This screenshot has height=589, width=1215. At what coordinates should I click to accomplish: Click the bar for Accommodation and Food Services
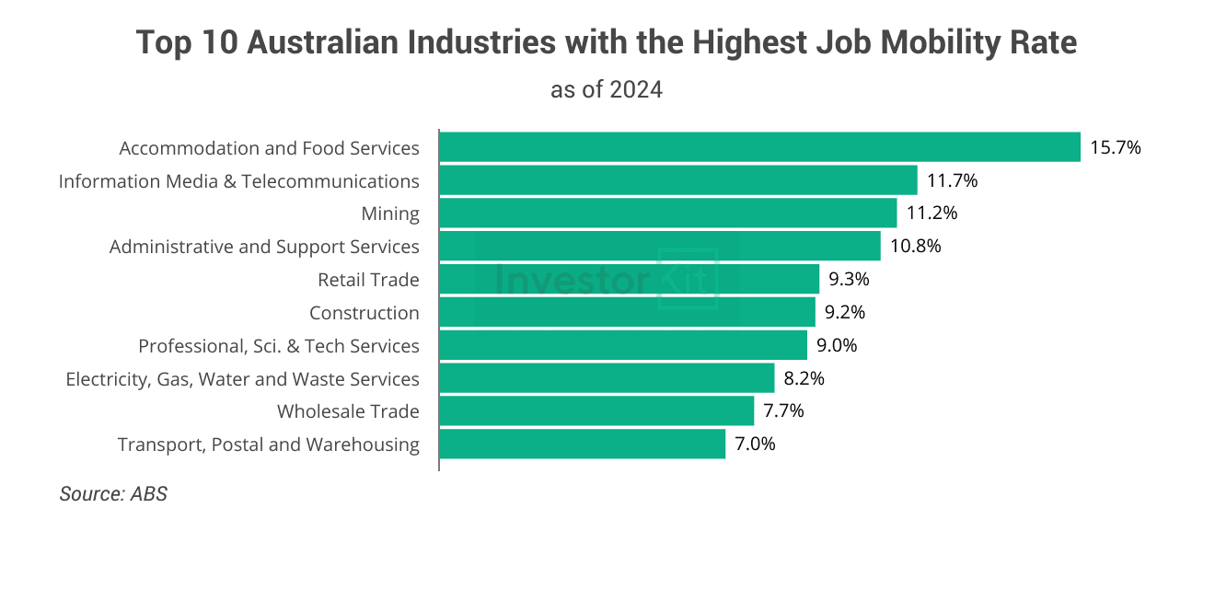pyautogui.click(x=759, y=147)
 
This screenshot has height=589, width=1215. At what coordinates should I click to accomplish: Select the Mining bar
pyautogui.click(x=667, y=214)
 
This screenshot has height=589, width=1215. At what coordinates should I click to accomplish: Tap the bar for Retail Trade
pyautogui.click(x=629, y=279)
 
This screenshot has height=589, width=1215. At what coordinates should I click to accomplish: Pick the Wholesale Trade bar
pyautogui.click(x=596, y=411)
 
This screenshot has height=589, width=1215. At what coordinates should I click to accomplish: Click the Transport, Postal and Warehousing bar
pyautogui.click(x=582, y=445)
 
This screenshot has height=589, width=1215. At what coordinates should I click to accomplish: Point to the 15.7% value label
pyautogui.click(x=1115, y=147)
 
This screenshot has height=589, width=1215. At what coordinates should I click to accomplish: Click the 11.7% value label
pyautogui.click(x=952, y=180)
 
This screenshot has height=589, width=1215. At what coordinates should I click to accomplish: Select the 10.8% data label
pyautogui.click(x=915, y=247)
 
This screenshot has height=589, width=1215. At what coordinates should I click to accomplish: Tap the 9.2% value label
pyautogui.click(x=845, y=313)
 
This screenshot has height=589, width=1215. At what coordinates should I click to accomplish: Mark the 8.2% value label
pyautogui.click(x=804, y=378)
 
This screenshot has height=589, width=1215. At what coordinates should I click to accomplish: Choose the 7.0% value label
pyautogui.click(x=755, y=445)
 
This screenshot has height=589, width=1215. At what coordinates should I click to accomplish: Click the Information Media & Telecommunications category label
pyautogui.click(x=238, y=181)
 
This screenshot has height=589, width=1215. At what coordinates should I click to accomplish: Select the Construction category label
pyautogui.click(x=364, y=313)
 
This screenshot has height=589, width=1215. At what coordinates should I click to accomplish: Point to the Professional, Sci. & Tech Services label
pyautogui.click(x=278, y=346)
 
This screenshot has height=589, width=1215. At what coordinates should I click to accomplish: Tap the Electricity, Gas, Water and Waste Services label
pyautogui.click(x=242, y=379)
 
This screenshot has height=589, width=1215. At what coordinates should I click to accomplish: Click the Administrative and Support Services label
pyautogui.click(x=264, y=247)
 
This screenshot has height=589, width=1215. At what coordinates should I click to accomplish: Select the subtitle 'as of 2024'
pyautogui.click(x=607, y=90)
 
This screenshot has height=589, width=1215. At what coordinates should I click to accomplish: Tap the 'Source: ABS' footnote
pyautogui.click(x=113, y=494)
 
